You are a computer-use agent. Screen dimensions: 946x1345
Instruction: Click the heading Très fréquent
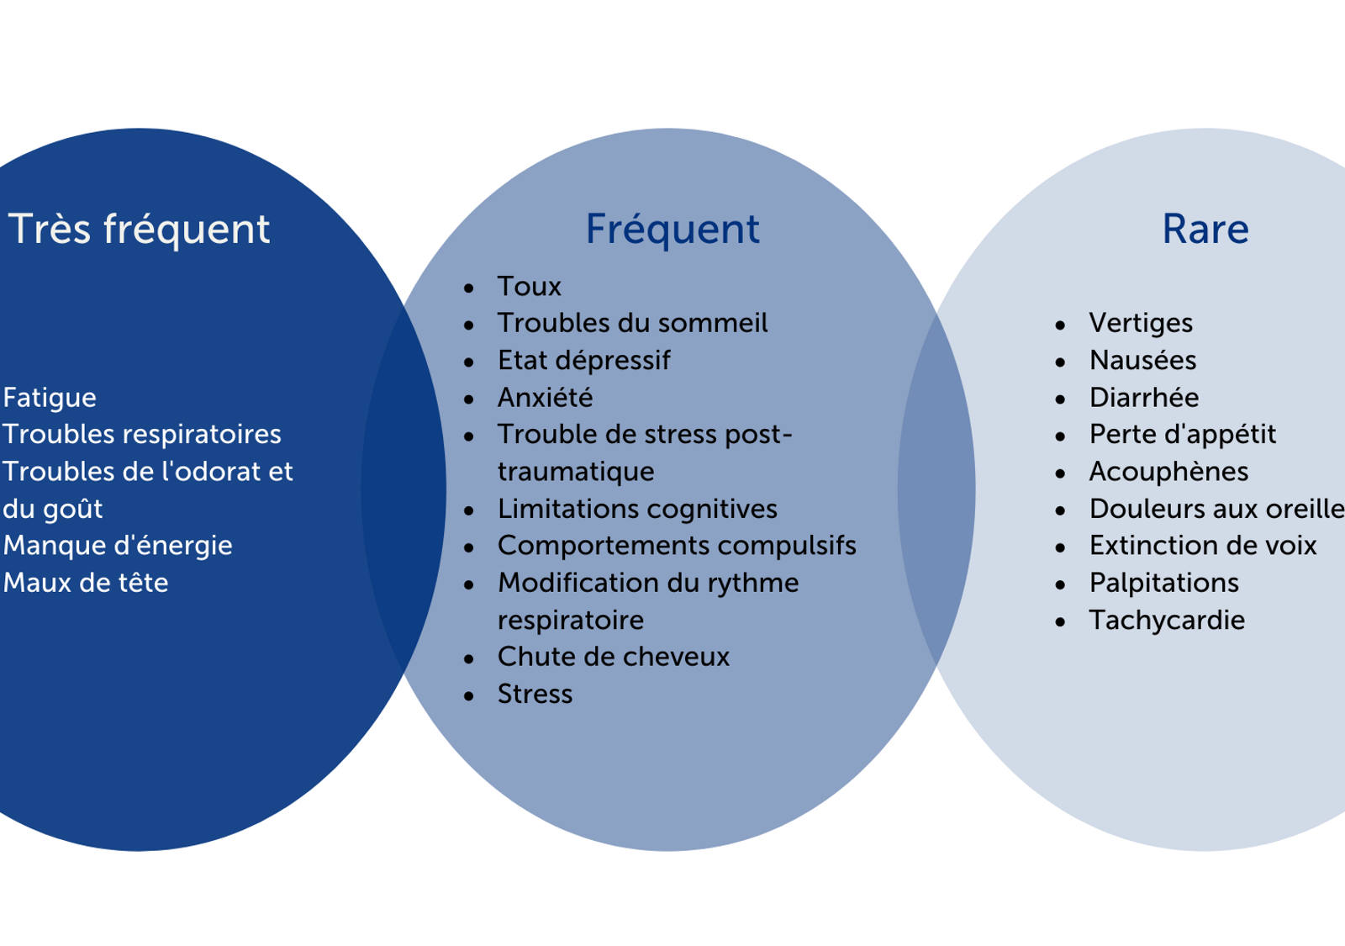[139, 229]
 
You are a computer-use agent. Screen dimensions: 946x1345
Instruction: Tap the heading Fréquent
[672, 229]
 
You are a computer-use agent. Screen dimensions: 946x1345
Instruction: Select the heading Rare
[1205, 229]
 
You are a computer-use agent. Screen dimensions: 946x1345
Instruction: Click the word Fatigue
[50, 397]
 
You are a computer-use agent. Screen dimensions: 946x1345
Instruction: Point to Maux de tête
[86, 582]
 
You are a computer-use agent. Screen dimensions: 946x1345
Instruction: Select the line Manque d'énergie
[118, 545]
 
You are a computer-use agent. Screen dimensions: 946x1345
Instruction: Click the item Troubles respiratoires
[142, 434]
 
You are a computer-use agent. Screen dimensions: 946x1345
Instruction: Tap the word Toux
[529, 286]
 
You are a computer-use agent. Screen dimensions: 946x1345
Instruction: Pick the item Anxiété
[545, 397]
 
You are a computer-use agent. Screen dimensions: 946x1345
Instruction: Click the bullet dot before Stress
[469, 696]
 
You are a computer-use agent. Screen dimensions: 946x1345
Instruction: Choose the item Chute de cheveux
[614, 656]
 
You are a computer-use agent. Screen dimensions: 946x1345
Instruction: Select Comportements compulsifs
[677, 545]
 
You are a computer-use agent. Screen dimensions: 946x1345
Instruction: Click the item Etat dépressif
[583, 360]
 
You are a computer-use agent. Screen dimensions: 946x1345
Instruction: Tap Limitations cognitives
[637, 508]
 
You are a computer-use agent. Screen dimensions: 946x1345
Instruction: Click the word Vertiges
[1141, 323]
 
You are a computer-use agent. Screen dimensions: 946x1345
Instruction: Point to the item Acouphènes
[1168, 471]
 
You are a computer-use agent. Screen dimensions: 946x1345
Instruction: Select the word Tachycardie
[1167, 620]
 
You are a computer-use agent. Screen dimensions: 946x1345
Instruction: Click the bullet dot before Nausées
[1061, 362]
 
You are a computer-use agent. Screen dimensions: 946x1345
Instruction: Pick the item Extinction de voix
[1203, 545]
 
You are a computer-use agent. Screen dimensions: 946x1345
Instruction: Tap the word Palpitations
[1164, 582]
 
